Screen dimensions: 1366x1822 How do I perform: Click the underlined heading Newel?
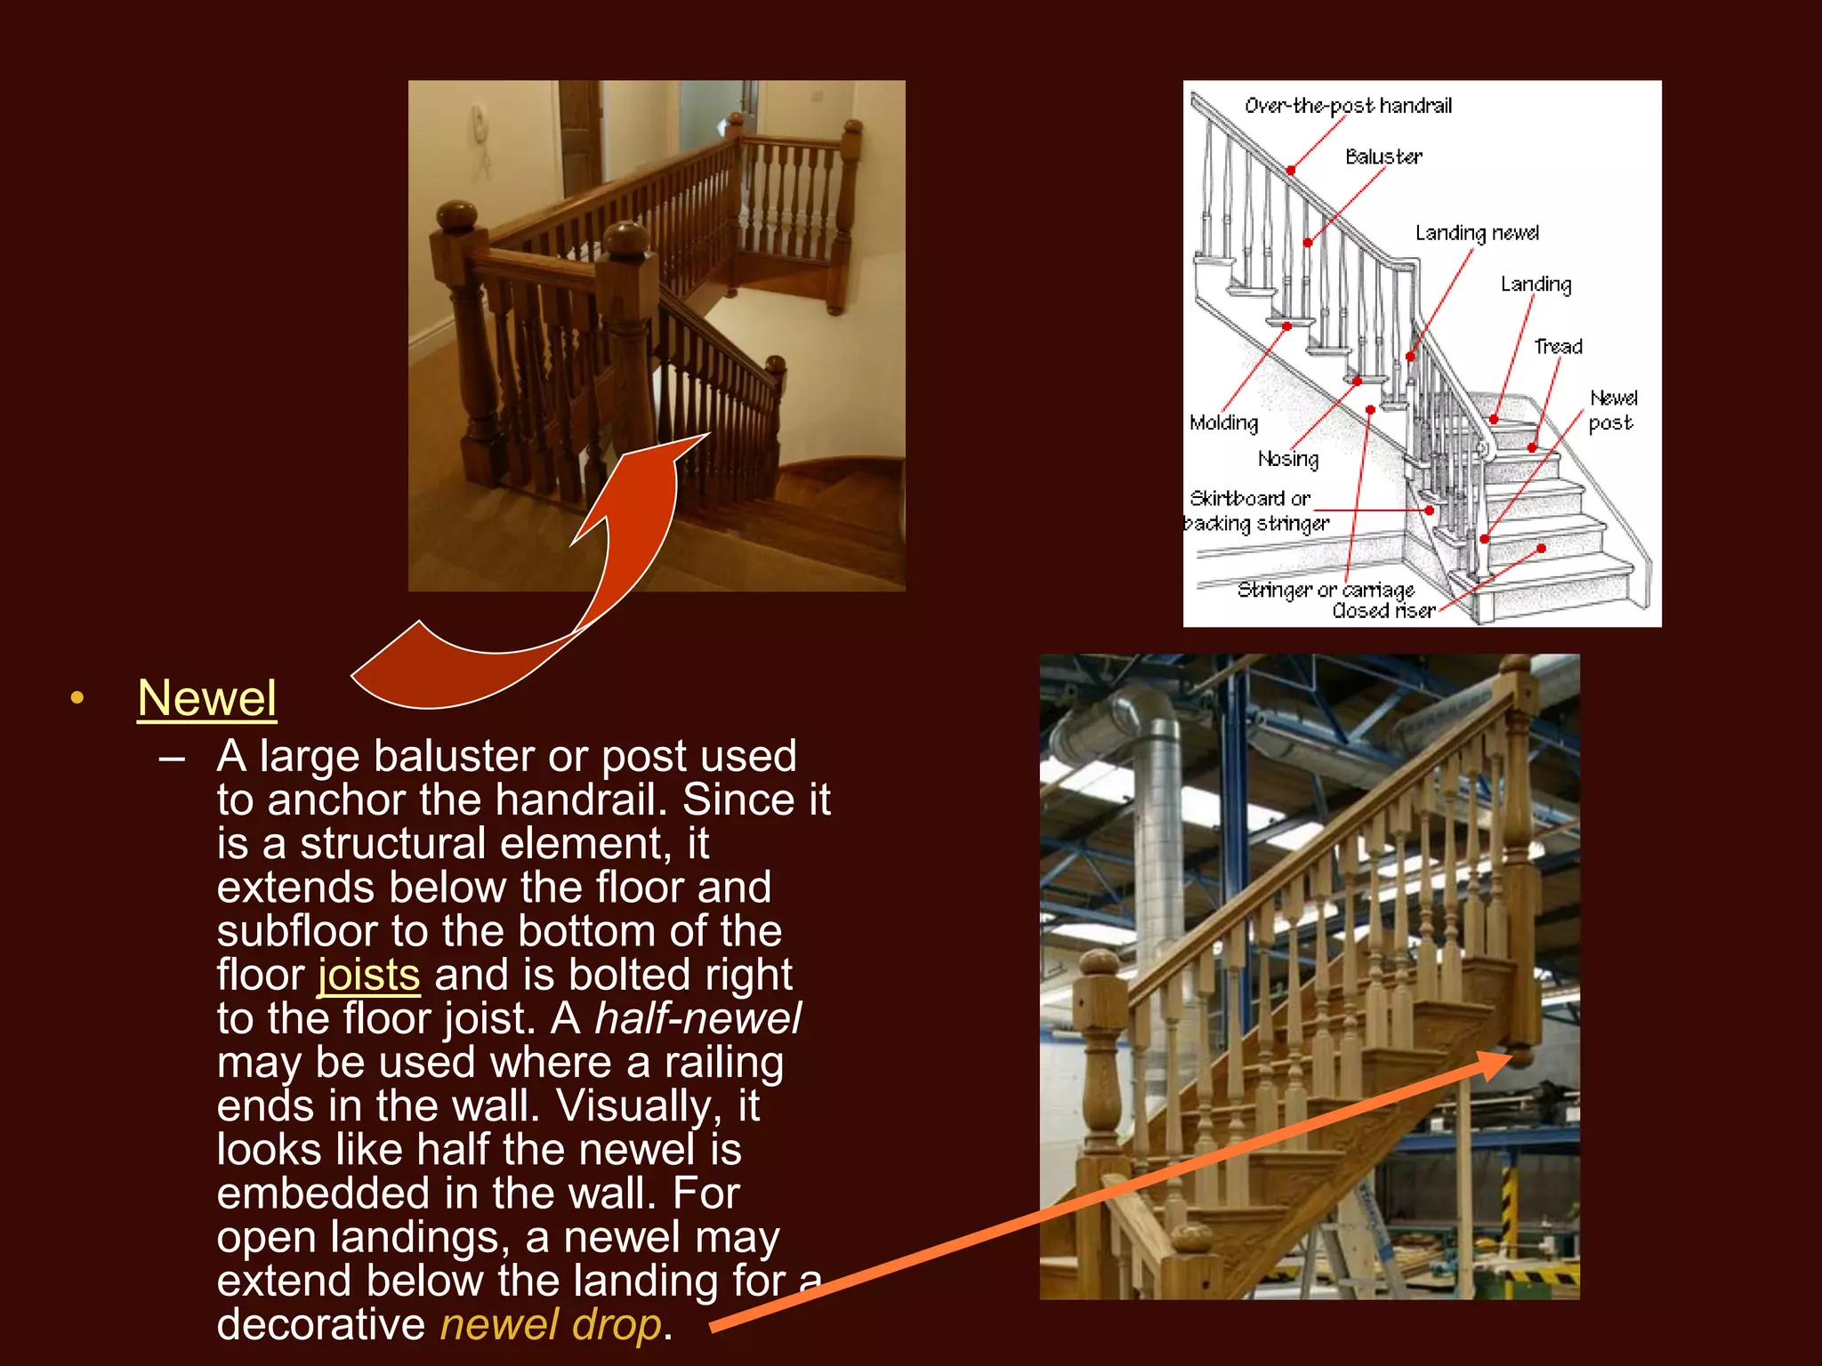tap(206, 698)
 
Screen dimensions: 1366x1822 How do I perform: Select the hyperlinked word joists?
tap(368, 975)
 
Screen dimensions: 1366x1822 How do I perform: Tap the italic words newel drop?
tap(551, 1324)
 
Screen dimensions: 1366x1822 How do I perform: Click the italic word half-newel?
tap(697, 1018)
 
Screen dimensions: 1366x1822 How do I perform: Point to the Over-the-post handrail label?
tap(1347, 106)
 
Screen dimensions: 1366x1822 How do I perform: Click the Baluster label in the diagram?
tap(1383, 157)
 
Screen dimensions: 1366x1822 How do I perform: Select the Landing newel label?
tap(1477, 233)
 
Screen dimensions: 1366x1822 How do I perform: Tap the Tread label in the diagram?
tap(1558, 347)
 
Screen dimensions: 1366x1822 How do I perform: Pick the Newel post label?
tap(1612, 410)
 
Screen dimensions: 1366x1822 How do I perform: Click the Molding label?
tap(1224, 423)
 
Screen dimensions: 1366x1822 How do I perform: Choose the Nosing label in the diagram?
tap(1288, 459)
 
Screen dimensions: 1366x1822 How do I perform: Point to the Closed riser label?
tap(1383, 611)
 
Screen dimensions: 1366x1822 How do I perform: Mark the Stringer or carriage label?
tap(1326, 590)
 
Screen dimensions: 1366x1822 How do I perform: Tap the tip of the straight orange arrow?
tap(1507, 1057)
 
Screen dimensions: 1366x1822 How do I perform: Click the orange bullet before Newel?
tap(77, 698)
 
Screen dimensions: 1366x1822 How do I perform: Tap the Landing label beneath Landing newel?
tap(1536, 285)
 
